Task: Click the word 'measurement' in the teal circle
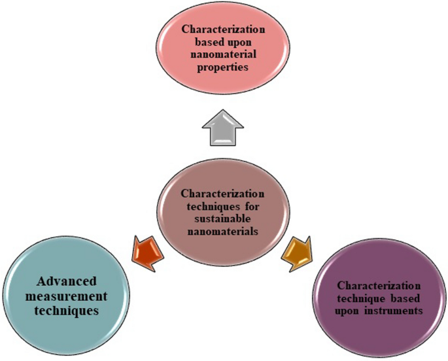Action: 65,297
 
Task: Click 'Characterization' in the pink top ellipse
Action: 224,29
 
